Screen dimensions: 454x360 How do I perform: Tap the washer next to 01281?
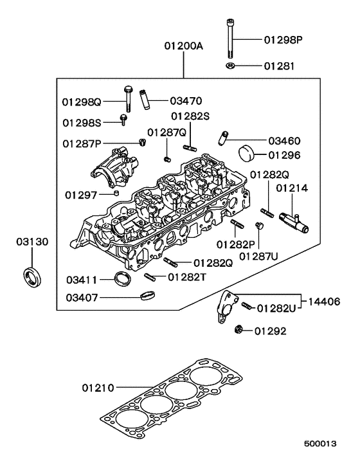pos(230,66)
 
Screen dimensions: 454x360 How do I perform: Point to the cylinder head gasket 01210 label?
pos(98,388)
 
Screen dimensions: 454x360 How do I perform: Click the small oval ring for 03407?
pos(147,296)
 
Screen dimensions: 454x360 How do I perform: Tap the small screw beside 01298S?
pos(123,120)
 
